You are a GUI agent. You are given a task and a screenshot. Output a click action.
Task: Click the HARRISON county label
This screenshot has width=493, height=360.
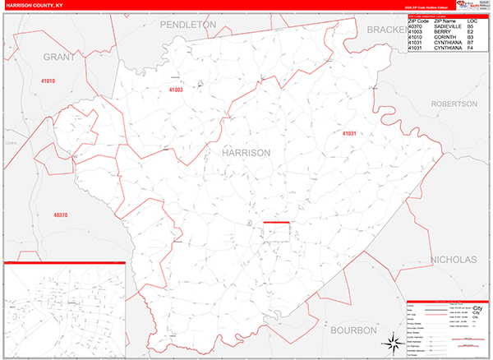click(x=246, y=153)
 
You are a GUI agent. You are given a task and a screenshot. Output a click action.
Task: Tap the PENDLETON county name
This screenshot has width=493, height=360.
click(x=187, y=25)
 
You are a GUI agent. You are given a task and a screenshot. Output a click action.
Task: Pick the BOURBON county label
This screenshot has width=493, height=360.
click(x=353, y=330)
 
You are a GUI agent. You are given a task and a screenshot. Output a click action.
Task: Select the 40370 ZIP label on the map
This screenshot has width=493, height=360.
click(x=60, y=215)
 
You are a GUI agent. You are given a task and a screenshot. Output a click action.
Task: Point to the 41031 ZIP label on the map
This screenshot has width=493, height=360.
click(x=351, y=133)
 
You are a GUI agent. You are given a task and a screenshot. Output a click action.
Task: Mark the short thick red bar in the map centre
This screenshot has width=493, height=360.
click(x=276, y=222)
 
